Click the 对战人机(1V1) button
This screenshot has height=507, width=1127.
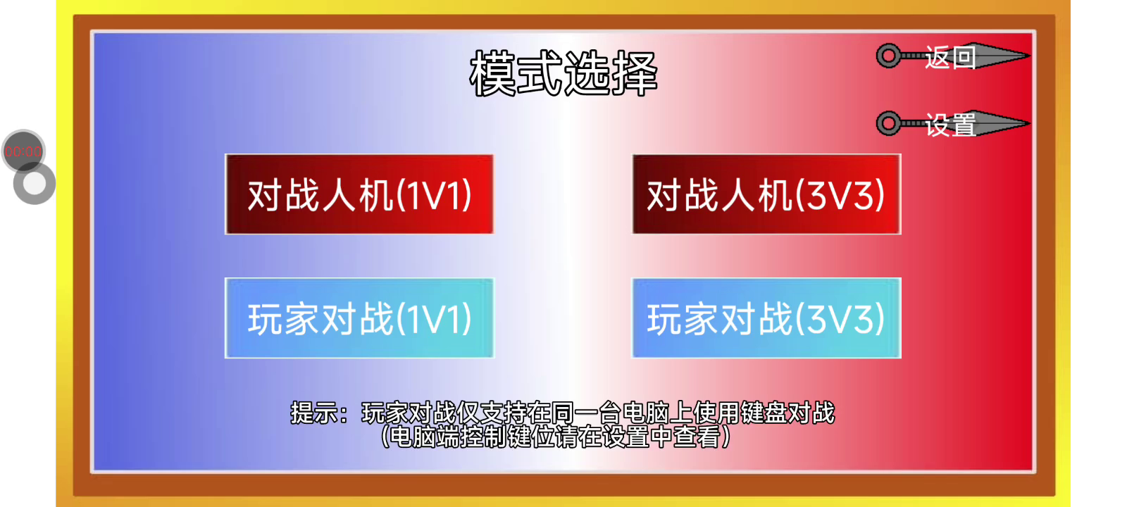point(359,194)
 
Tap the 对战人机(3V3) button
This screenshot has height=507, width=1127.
point(766,194)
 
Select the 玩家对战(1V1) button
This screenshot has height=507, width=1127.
point(359,318)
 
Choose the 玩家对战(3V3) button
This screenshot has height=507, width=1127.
point(766,318)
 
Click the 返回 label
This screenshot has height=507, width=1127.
point(950,57)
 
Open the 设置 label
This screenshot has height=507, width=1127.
point(950,125)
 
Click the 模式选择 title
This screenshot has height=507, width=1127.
point(563,73)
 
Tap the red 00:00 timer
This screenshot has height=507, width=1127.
point(23,151)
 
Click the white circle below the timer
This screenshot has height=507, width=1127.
point(35,184)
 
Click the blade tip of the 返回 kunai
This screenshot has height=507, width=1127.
point(1029,56)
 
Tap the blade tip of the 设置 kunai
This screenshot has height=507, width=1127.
point(1029,123)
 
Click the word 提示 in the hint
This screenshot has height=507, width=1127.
point(314,413)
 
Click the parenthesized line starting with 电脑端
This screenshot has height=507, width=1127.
point(556,437)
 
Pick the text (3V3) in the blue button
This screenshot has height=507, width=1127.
point(840,319)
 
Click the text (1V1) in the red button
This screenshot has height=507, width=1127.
point(434,195)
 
